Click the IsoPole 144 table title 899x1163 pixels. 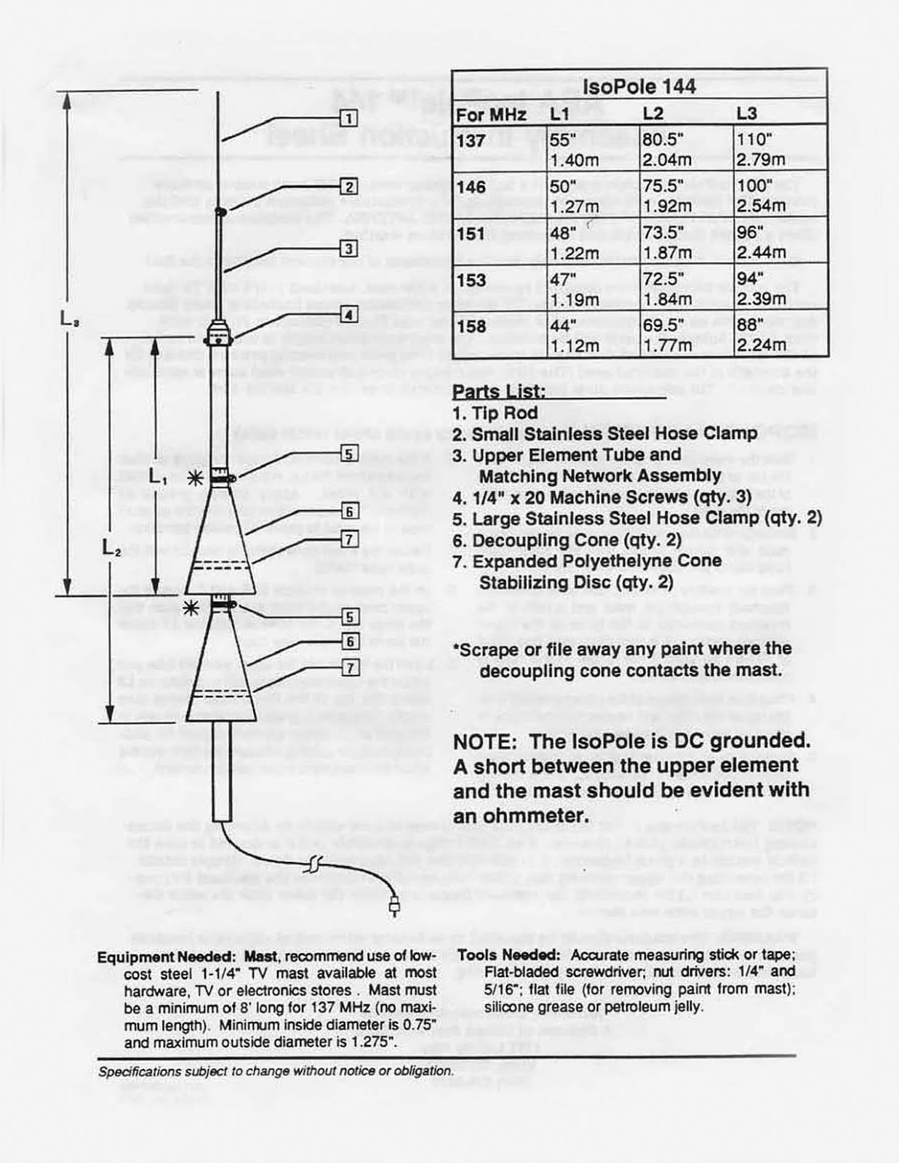pyautogui.click(x=639, y=86)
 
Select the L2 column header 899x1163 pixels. pyautogui.click(x=653, y=113)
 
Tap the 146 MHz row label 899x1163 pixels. pyautogui.click(x=471, y=188)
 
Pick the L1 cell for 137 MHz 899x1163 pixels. pyautogui.click(x=574, y=149)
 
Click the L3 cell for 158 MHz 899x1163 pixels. pyautogui.click(x=761, y=335)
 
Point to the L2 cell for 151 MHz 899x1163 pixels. pyautogui.click(x=667, y=242)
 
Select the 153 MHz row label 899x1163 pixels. pyautogui.click(x=471, y=281)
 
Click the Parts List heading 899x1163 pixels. pyautogui.click(x=499, y=391)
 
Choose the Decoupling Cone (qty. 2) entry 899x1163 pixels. pyautogui.click(x=567, y=541)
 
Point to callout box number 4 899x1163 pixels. pyautogui.click(x=348, y=315)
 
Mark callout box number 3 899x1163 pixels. pyautogui.click(x=348, y=249)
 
